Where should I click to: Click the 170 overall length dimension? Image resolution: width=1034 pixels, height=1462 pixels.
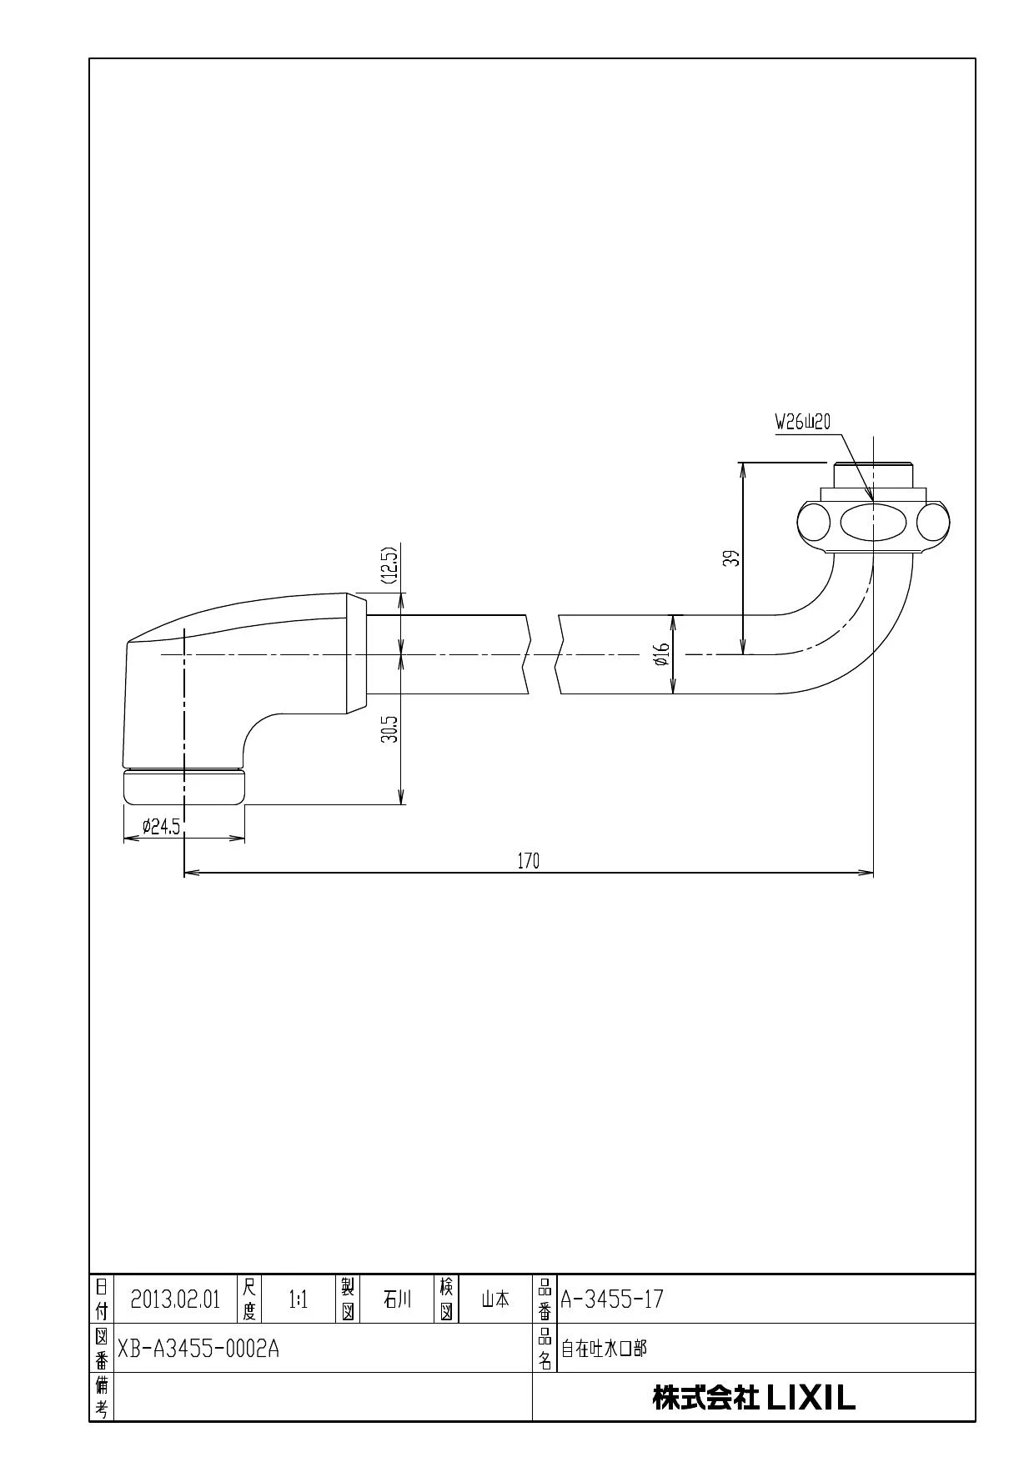pyautogui.click(x=529, y=861)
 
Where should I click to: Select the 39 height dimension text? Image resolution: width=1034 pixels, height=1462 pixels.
pyautogui.click(x=731, y=558)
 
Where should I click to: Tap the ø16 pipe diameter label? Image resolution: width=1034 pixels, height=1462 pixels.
pyautogui.click(x=661, y=653)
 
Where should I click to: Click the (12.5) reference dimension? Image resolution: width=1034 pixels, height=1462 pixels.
pyautogui.click(x=389, y=565)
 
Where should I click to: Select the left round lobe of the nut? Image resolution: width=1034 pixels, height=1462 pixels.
pyautogui.click(x=814, y=523)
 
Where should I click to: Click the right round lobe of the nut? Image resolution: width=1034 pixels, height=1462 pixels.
pyautogui.click(x=933, y=523)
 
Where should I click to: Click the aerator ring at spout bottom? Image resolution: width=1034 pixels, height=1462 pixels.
pyautogui.click(x=184, y=787)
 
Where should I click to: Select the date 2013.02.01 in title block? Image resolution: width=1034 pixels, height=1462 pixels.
pyautogui.click(x=175, y=1299)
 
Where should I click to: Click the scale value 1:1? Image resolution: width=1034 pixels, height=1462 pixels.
pyautogui.click(x=298, y=1299)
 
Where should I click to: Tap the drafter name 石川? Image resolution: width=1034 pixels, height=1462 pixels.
pyautogui.click(x=397, y=1299)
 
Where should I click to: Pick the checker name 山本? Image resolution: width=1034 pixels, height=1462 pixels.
pyautogui.click(x=495, y=1299)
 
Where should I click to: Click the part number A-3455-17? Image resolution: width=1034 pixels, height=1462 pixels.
pyautogui.click(x=612, y=1299)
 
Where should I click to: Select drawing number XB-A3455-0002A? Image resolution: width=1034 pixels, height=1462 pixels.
pyautogui.click(x=198, y=1349)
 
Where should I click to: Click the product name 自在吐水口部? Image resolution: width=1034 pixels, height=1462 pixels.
pyautogui.click(x=603, y=1349)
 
